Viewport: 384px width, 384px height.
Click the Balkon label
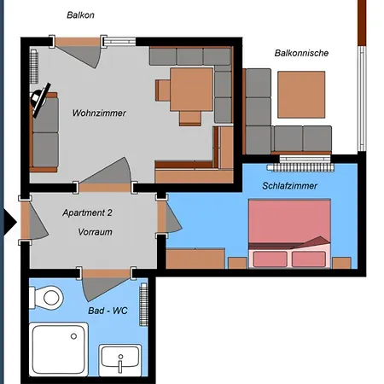pyautogui.click(x=80, y=15)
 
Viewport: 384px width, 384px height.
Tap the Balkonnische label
pyautogui.click(x=301, y=53)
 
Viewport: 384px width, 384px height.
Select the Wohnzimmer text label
pyautogui.click(x=99, y=113)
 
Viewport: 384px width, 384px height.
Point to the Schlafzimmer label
pyautogui.click(x=289, y=186)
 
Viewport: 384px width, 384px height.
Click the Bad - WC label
pyautogui.click(x=108, y=311)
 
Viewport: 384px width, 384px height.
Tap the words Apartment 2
pyautogui.click(x=87, y=212)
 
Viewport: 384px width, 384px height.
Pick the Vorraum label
pyautogui.click(x=95, y=232)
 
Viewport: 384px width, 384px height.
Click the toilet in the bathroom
pyautogui.click(x=46, y=298)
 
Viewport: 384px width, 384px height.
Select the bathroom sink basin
pyautogui.click(x=120, y=360)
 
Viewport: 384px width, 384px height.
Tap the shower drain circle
pyautogui.click(x=73, y=336)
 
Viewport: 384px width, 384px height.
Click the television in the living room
pyautogui.click(x=39, y=100)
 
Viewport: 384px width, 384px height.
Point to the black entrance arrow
pyautogui.click(x=10, y=222)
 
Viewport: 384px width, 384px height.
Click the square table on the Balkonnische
pyautogui.click(x=301, y=95)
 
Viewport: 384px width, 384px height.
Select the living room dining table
pyautogui.click(x=191, y=90)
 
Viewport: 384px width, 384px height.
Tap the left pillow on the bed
pyautogui.click(x=271, y=259)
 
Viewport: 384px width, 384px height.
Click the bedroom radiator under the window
pyautogui.click(x=300, y=167)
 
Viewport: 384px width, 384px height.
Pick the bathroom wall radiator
pyautogui.click(x=143, y=305)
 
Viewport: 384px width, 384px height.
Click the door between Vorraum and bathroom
pyautogui.click(x=106, y=284)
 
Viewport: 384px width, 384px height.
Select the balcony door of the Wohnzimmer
pyautogui.click(x=78, y=52)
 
